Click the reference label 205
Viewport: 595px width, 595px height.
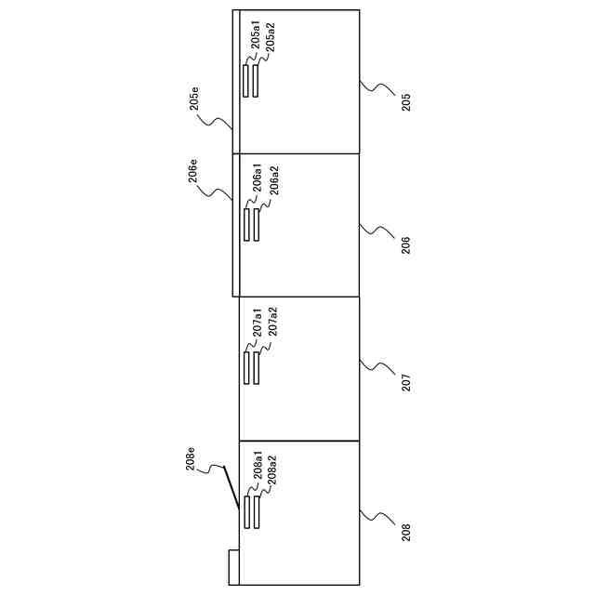tap(406, 101)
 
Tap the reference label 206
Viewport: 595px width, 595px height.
tap(406, 245)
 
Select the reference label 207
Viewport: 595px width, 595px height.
tap(406, 381)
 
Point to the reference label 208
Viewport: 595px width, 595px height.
tap(406, 532)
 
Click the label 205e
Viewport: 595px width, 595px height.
tap(195, 98)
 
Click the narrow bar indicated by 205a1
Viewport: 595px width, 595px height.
tap(246, 80)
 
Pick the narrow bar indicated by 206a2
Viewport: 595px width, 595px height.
tap(257, 225)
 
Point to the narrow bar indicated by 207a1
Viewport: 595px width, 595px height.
tap(246, 368)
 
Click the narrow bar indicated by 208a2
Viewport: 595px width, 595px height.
tap(257, 512)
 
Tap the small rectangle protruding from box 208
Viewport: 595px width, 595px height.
tap(233, 566)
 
